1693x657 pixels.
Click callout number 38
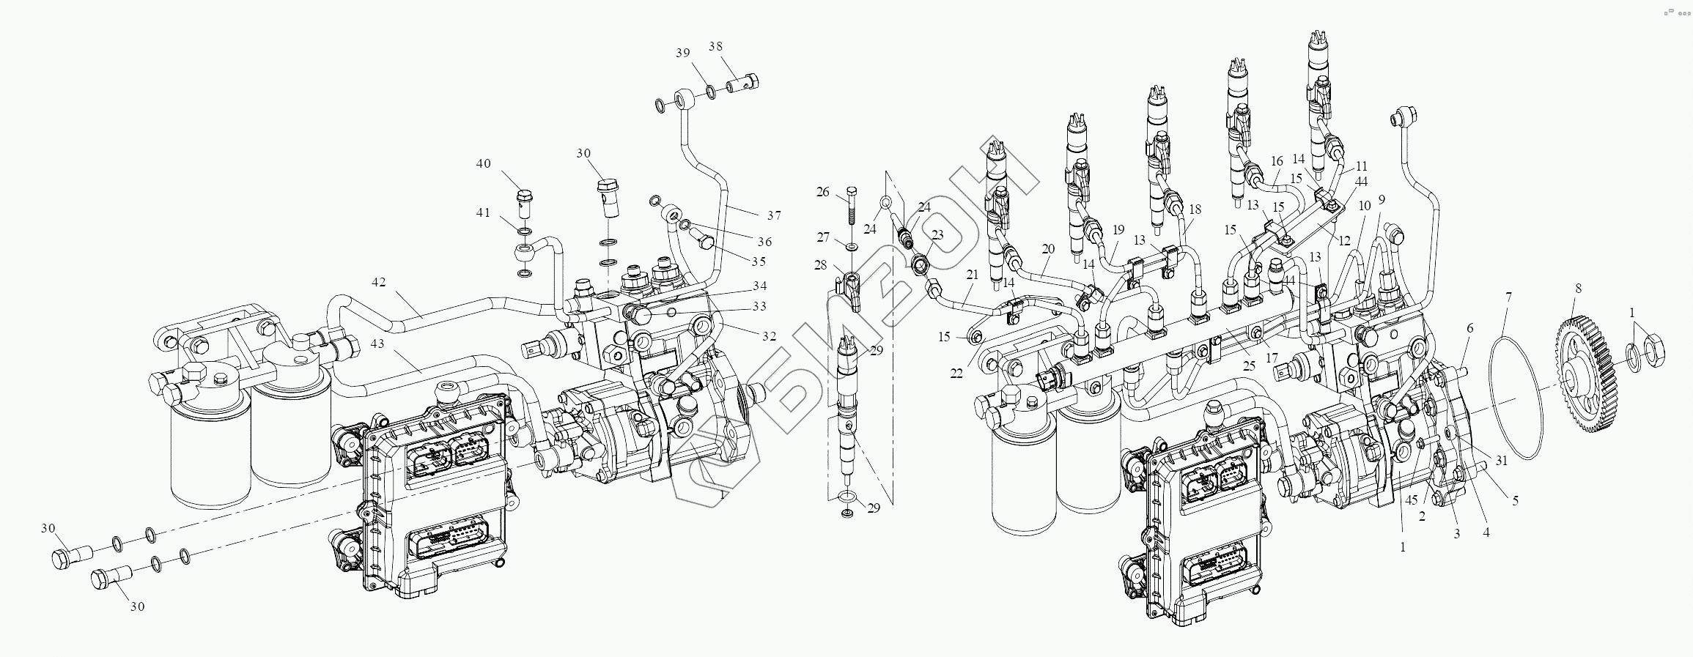(715, 46)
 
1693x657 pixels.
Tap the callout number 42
(378, 282)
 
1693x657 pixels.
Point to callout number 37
(774, 215)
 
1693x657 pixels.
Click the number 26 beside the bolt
(823, 192)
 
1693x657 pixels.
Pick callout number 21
(972, 275)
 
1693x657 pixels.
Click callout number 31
(1502, 461)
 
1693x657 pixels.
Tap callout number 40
(484, 163)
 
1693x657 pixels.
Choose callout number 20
(1048, 249)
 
